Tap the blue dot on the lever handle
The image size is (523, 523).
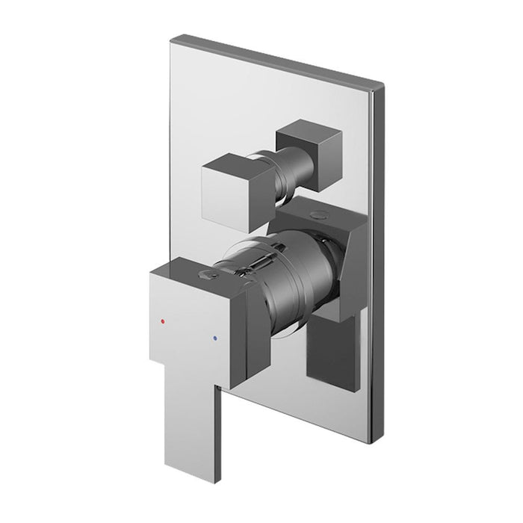click(216, 338)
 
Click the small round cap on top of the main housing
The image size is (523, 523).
click(320, 213)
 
